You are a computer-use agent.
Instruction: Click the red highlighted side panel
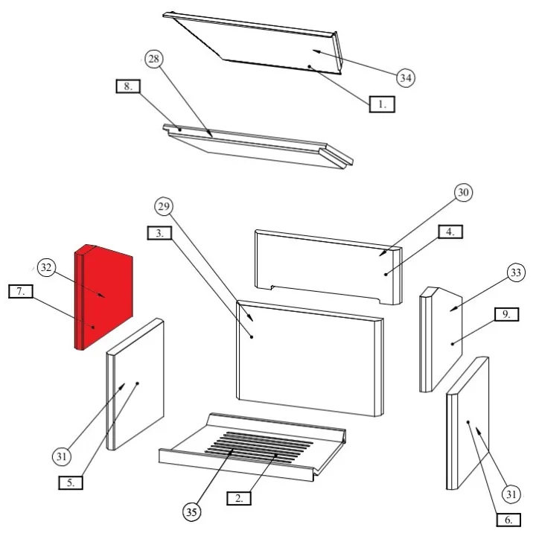coord(103,297)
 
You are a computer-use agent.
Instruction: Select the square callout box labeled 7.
coord(21,291)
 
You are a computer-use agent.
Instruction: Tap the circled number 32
coord(46,267)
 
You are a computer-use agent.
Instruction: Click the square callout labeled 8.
coord(128,86)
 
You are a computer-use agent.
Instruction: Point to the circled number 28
coord(154,59)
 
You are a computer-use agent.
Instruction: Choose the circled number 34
coord(406,78)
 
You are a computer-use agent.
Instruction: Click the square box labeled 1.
coord(382,104)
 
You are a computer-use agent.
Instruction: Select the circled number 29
coord(164,206)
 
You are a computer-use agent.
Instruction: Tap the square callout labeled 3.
coord(159,233)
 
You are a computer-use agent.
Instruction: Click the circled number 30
coord(463,193)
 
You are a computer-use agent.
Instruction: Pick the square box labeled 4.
coord(450,232)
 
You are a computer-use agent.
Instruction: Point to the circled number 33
coord(516,272)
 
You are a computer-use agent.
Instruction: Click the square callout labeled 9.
coord(506,314)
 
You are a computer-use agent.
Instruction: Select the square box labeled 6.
coord(508,520)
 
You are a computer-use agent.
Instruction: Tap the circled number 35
coord(191,511)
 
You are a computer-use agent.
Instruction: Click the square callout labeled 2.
coord(239,498)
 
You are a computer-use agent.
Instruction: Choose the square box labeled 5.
coord(71,482)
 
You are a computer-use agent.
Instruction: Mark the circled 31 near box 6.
coord(511,494)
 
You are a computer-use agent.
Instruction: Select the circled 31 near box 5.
coord(62,456)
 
